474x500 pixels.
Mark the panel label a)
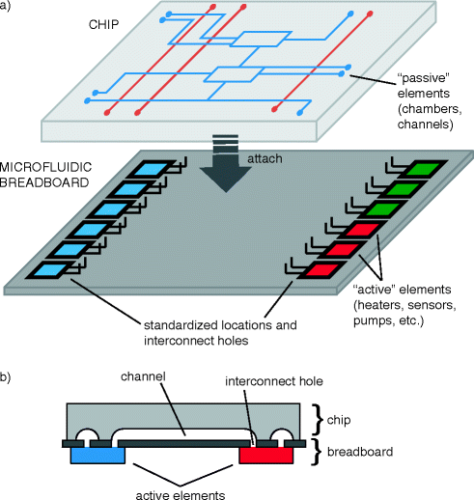point(10,8)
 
